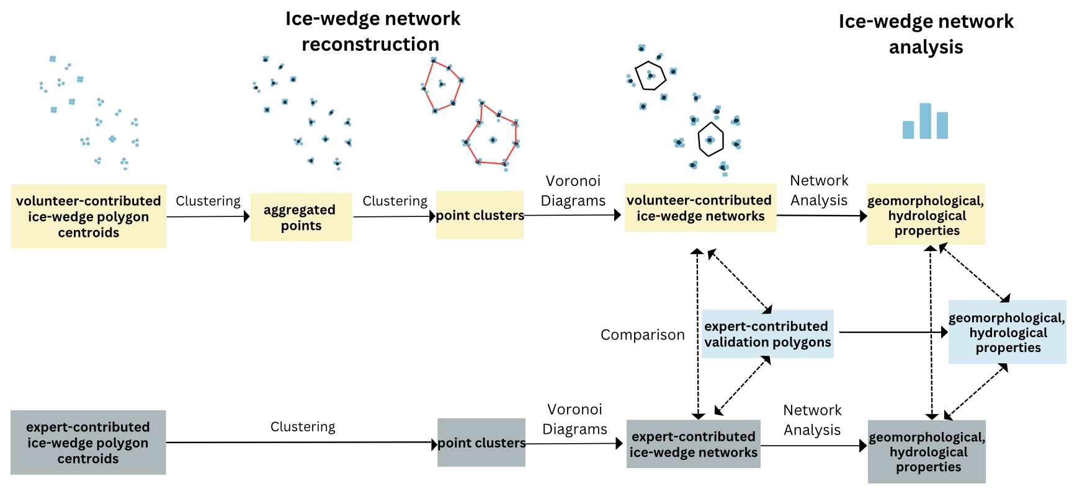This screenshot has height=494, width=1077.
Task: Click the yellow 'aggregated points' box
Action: tap(301, 217)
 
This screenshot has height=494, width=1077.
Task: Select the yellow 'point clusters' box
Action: tap(480, 215)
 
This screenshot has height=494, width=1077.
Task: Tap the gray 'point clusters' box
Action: tap(481, 443)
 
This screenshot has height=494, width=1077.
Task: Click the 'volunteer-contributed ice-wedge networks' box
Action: tap(700, 208)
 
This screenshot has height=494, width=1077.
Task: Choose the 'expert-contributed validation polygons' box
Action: tap(767, 334)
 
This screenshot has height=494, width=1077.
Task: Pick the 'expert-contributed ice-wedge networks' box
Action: tap(693, 444)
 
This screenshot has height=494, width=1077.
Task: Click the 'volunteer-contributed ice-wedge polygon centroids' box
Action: tap(89, 216)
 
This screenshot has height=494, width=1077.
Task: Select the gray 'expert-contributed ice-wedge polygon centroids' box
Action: tap(88, 443)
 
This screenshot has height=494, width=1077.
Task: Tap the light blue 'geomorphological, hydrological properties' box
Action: tap(1007, 332)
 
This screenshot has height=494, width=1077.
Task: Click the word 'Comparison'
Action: tap(642, 335)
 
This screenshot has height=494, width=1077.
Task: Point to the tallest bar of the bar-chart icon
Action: tap(925, 121)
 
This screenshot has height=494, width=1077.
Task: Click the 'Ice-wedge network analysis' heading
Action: tap(926, 34)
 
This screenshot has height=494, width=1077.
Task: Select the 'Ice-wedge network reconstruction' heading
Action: tap(372, 32)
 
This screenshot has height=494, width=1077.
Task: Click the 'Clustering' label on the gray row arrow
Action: tap(303, 426)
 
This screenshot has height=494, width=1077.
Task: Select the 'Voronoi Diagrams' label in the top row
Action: tap(573, 190)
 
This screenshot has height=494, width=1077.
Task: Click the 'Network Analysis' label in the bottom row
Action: tap(811, 420)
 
